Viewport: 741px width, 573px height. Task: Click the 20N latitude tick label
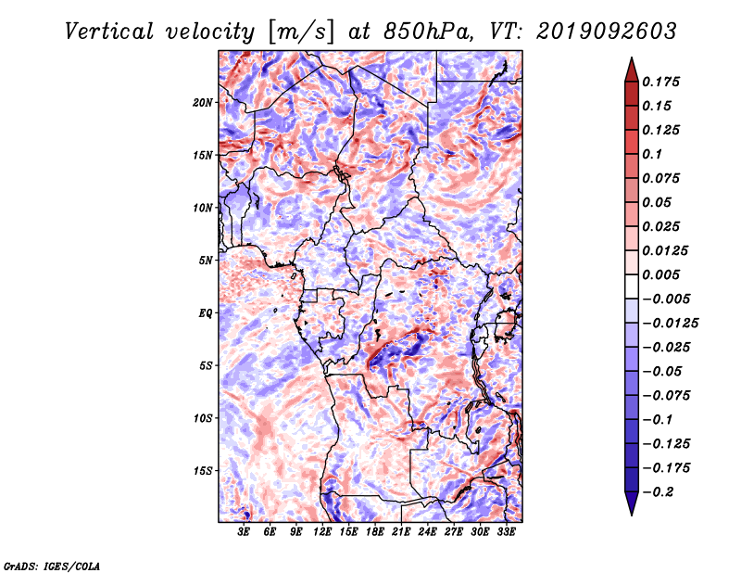click(x=203, y=103)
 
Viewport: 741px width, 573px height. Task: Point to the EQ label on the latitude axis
click(x=206, y=313)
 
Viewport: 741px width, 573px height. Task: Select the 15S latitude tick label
click(x=203, y=471)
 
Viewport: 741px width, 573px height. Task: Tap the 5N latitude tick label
click(x=206, y=261)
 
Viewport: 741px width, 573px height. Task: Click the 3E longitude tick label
click(x=244, y=532)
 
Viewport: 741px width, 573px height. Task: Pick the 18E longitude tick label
click(x=375, y=532)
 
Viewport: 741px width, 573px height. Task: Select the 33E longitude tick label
click(x=506, y=532)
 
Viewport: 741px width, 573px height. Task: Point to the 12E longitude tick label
click(x=322, y=532)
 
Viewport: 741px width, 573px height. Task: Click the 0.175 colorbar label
click(x=660, y=82)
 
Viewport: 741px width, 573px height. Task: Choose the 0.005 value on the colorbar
click(x=660, y=274)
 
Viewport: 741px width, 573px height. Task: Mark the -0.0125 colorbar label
click(x=670, y=324)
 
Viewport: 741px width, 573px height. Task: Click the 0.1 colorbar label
click(x=652, y=154)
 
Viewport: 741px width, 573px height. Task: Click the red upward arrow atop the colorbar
click(x=632, y=70)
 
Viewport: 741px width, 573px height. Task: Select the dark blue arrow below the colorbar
click(x=632, y=503)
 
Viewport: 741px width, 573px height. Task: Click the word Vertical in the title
click(x=109, y=32)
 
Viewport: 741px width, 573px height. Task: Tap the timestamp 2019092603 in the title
click(x=607, y=32)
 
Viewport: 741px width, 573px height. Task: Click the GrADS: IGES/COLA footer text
click(x=52, y=566)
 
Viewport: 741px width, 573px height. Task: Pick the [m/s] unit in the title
click(x=301, y=32)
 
